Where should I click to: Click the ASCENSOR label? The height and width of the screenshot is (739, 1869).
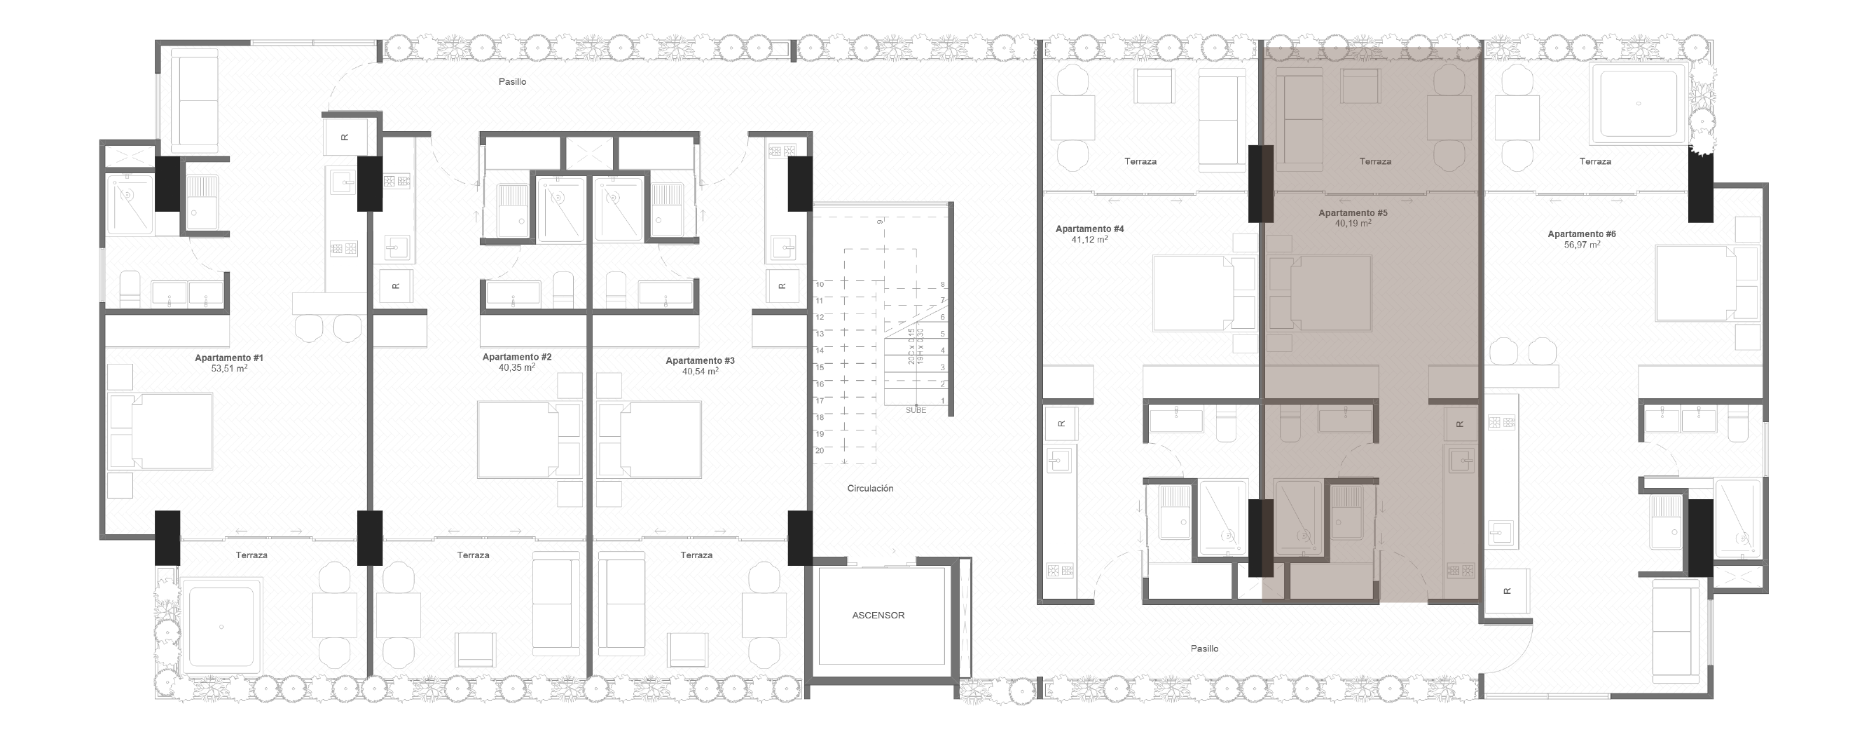point(878,616)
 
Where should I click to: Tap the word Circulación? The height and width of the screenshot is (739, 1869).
point(870,489)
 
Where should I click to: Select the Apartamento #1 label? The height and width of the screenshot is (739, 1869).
point(228,358)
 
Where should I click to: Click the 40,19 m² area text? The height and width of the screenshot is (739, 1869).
point(1353,224)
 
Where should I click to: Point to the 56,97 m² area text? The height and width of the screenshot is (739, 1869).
point(1582,245)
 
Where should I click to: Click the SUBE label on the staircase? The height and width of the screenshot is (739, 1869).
point(916,410)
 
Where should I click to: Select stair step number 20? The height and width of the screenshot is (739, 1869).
point(819,450)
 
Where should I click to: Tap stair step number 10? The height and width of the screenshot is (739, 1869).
point(819,284)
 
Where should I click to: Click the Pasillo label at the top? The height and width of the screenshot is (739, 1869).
point(512,82)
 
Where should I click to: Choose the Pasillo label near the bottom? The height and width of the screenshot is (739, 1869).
point(1204,649)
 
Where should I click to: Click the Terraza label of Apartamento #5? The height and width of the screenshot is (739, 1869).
point(1375,162)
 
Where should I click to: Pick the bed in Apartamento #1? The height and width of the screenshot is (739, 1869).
point(161,431)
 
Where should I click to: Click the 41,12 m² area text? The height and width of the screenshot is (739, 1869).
point(1089,240)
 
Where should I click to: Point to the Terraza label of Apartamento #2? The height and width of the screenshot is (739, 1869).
point(473,555)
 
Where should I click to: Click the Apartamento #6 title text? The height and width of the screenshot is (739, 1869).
point(1582,233)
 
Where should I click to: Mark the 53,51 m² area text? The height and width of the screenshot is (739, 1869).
point(228,369)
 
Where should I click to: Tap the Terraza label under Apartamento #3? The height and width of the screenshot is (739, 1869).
point(696,555)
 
